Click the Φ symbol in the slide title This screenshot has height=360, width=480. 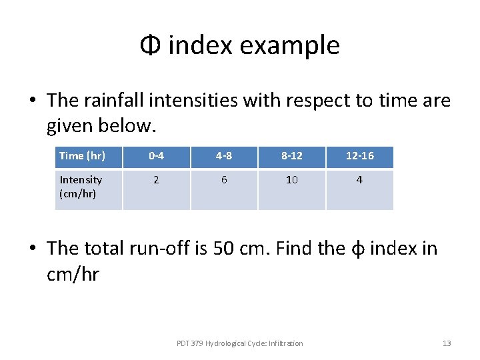click(150, 46)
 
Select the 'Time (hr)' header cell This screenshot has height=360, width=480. click(81, 156)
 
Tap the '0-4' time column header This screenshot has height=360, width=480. click(156, 156)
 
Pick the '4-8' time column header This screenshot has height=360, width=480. click(223, 156)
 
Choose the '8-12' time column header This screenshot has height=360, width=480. click(291, 156)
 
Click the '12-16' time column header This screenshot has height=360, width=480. click(359, 156)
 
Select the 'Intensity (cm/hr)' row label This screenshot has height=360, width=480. click(81, 187)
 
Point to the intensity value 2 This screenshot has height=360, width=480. click(156, 180)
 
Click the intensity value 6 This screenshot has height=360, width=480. click(223, 180)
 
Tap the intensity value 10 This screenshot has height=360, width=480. click(291, 180)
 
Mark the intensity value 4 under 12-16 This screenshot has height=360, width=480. click(359, 180)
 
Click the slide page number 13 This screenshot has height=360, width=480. click(447, 343)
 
